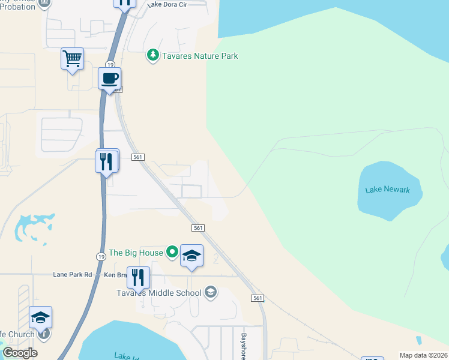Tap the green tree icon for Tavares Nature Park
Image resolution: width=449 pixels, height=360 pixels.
(x=153, y=56)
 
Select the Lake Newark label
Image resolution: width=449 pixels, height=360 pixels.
(x=387, y=190)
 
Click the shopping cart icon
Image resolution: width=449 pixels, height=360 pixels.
(x=72, y=59)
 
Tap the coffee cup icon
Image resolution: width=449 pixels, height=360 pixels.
(x=110, y=79)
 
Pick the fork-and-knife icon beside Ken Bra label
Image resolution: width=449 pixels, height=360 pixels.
(x=139, y=277)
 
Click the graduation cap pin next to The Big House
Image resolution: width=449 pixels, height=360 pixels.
(x=191, y=256)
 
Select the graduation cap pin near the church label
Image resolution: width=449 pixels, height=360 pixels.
(x=41, y=317)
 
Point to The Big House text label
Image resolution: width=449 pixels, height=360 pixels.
(x=136, y=253)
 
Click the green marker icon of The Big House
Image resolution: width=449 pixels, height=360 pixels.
(x=172, y=252)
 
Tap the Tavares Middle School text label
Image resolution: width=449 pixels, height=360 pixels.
(x=158, y=293)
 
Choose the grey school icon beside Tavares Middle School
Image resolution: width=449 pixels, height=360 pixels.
(x=210, y=292)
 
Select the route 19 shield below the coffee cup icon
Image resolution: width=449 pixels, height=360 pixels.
(x=110, y=64)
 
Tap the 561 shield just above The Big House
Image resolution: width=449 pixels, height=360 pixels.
(x=199, y=228)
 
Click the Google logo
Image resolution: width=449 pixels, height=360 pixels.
(x=20, y=353)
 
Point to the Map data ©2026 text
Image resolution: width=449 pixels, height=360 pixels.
(x=423, y=355)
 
